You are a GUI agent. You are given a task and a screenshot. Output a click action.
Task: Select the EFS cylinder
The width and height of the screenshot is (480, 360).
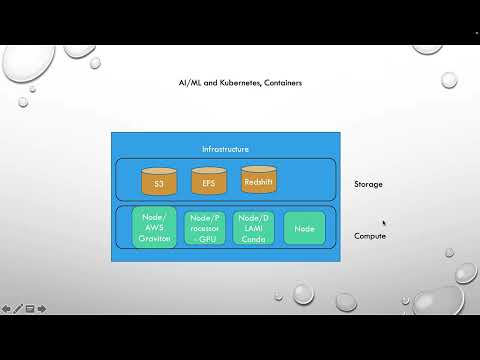coord(209,183)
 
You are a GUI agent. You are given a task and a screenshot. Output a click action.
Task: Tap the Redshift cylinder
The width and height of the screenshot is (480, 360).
coord(259,180)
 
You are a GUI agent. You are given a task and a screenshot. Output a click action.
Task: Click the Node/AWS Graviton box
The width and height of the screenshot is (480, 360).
coord(153,228)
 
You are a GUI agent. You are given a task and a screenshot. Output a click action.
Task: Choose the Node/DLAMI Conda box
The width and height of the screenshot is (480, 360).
coord(253,228)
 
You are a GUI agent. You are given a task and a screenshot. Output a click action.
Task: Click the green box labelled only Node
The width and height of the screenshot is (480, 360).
coord(304,228)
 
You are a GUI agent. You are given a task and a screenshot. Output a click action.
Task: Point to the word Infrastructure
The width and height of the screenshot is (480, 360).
coord(225,149)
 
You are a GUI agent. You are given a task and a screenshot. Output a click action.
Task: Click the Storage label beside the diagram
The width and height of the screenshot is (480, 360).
coord(368,185)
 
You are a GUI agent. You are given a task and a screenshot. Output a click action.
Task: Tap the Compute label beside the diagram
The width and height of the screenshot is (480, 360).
coord(370,236)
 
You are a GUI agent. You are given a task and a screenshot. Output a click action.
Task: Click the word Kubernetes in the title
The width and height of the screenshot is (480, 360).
coord(233,83)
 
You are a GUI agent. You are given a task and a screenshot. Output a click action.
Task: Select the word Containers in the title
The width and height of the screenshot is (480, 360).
coord(280,83)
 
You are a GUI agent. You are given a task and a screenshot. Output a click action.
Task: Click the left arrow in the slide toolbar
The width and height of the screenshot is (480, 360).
coord(6,308)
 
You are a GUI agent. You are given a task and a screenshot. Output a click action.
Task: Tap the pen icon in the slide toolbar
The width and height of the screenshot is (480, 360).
coord(18,308)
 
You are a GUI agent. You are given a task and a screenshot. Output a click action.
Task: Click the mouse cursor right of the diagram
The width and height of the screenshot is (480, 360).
coord(384,223)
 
